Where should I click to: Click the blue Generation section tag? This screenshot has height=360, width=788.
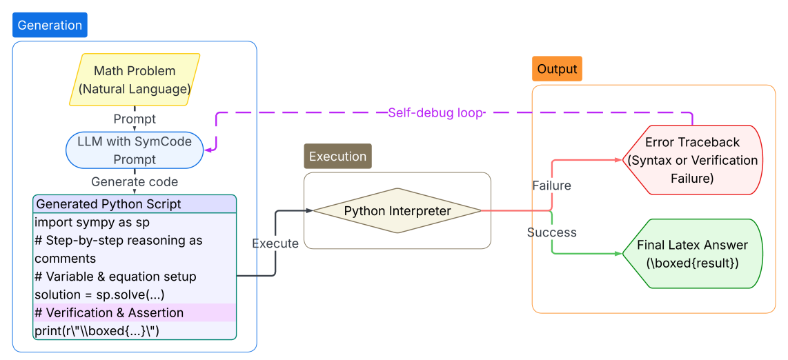click(50, 26)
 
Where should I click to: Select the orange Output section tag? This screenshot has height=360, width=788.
click(557, 69)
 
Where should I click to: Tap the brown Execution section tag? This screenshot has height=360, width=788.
click(337, 157)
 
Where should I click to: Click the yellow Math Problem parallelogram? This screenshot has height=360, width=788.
click(135, 79)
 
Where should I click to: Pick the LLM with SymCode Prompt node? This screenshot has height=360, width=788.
click(135, 150)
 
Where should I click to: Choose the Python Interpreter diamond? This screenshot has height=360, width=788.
click(397, 211)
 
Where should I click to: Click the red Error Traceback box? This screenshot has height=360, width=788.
click(691, 160)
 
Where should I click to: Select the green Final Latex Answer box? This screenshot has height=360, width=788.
click(691, 254)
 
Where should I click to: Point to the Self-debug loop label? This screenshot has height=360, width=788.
click(435, 113)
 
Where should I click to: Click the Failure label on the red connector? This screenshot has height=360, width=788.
click(551, 186)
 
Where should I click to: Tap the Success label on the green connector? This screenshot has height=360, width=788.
click(551, 232)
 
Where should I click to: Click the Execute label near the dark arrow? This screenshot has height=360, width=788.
click(275, 243)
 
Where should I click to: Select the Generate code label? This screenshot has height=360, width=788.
click(135, 182)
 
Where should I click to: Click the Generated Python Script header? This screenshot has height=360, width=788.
click(108, 204)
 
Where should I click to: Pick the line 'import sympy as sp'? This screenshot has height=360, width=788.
click(92, 222)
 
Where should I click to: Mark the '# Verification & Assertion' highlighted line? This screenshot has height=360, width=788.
click(109, 312)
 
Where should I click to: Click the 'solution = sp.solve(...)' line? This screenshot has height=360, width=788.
click(99, 294)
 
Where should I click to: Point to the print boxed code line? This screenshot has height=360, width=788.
click(97, 331)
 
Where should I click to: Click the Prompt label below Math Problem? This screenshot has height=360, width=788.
click(135, 119)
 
